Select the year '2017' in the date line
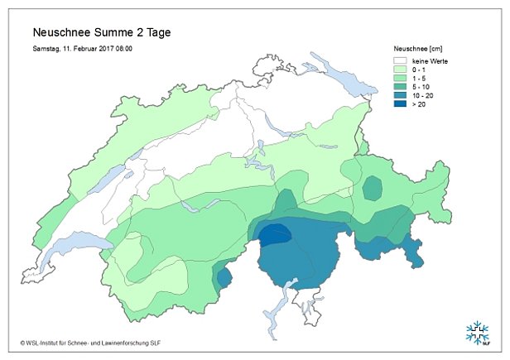point(99,49)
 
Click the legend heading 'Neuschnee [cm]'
point(416,49)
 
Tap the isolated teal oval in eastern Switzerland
point(373,189)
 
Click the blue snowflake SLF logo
point(477,334)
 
